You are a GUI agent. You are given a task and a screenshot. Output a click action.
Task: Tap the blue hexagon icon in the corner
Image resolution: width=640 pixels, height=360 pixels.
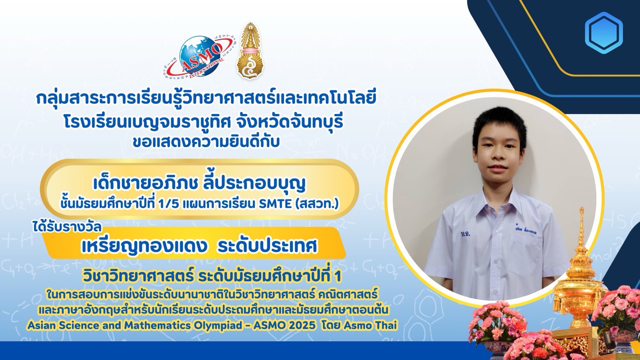coord(604,33)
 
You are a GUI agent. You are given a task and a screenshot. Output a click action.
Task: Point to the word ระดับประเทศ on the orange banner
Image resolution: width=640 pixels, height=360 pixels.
coord(267,246)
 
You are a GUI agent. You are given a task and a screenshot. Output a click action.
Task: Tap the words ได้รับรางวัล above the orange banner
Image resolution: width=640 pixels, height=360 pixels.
coord(66,227)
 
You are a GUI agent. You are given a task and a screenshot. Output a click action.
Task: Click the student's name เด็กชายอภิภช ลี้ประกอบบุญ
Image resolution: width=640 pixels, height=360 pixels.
coord(199,184)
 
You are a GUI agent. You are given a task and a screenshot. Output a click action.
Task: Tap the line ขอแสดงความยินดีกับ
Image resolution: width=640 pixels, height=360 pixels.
coord(206,142)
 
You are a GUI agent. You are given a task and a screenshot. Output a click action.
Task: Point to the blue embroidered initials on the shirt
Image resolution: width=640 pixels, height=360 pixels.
coord(465,234)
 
